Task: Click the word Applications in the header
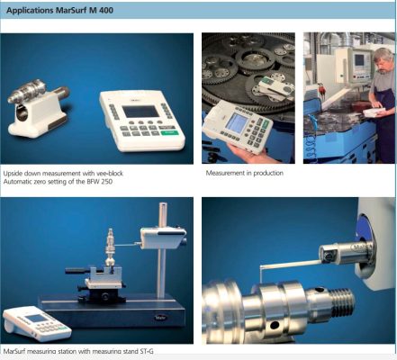point(30,11)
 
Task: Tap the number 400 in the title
point(105,10)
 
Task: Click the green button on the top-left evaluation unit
point(169,133)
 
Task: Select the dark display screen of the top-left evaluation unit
point(140,112)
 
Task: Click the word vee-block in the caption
point(110,174)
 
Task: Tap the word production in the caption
point(268,173)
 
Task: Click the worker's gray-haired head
point(383,59)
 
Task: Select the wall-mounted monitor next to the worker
point(359,64)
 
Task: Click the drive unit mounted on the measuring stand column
point(163,238)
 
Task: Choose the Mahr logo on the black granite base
point(159,318)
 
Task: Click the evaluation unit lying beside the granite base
point(37,324)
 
